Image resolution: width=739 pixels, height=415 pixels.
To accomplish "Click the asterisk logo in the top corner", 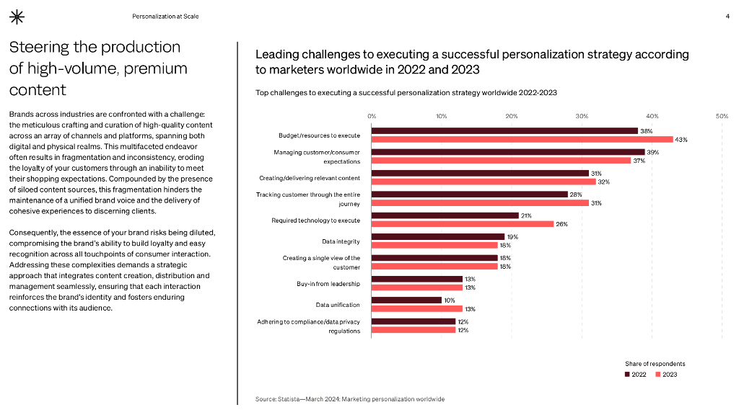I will tap(16, 17).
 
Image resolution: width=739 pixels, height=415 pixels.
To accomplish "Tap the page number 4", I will tap(727, 16).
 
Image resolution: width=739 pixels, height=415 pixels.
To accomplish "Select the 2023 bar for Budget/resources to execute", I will tap(522, 139).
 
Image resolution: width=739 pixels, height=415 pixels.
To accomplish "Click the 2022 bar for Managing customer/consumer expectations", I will tap(508, 152).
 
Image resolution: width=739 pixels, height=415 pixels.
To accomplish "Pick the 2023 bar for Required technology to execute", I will tap(463, 223).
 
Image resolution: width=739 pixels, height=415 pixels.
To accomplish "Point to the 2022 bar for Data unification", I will tap(406, 300).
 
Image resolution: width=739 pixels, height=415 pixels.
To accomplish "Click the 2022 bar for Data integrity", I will tap(438, 236).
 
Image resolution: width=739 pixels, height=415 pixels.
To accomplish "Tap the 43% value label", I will tap(681, 140).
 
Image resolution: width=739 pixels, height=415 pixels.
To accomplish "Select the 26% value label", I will tap(561, 224).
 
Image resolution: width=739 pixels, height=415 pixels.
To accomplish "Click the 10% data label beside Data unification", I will tap(449, 300).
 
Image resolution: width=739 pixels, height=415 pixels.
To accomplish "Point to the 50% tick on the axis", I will tap(722, 115).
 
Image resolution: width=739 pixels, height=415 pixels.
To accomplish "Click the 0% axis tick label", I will tap(372, 115).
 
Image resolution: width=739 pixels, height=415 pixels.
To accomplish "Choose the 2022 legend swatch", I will tap(627, 375).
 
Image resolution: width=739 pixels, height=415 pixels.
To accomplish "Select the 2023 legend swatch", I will tap(658, 375).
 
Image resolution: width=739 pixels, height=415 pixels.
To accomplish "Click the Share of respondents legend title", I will tap(655, 364).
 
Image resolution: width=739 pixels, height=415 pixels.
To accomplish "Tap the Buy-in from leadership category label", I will tap(328, 284).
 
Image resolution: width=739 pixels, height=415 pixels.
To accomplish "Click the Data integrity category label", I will tap(341, 241).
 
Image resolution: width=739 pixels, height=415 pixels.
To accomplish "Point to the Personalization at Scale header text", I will tap(165, 16).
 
